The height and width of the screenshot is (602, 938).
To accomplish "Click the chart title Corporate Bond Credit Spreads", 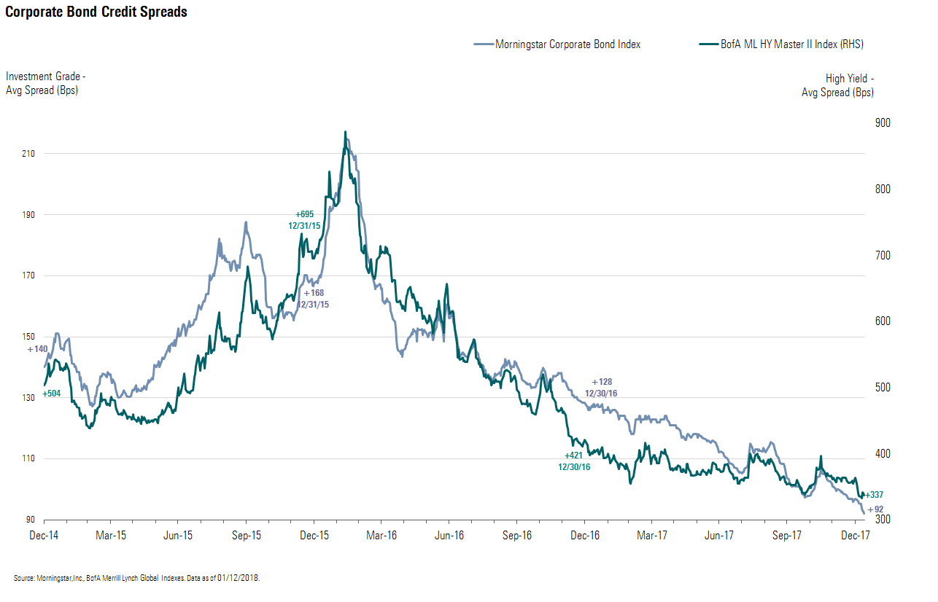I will (96, 12).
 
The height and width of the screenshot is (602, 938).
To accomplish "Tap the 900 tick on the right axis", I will (883, 122).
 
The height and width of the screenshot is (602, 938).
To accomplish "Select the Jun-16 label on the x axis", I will (449, 535).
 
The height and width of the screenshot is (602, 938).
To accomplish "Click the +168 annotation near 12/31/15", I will (314, 293).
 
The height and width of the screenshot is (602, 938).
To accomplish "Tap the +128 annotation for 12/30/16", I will (602, 382).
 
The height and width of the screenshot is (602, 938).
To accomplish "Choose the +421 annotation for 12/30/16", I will (575, 456).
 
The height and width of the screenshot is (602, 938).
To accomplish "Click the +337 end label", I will (874, 495).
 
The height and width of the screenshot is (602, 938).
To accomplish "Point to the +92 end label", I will (875, 509).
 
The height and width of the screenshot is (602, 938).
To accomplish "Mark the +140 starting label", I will (37, 349).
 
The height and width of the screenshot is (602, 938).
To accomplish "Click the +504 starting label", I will (51, 394).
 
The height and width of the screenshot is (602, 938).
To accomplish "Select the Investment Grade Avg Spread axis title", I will (45, 83).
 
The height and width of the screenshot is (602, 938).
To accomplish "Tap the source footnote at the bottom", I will (136, 578).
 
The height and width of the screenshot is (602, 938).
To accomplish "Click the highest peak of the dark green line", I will (345, 133).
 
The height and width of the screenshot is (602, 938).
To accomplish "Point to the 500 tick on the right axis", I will (883, 388).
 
